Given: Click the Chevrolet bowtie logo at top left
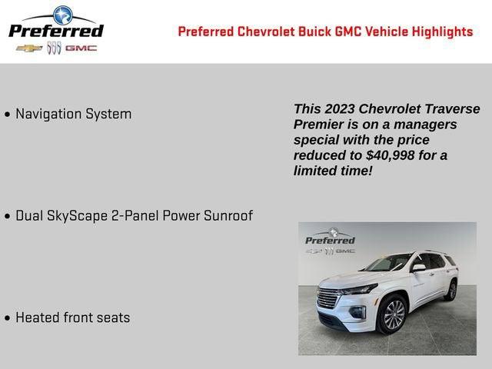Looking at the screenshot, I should (29, 48).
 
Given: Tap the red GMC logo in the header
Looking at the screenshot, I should (81, 48).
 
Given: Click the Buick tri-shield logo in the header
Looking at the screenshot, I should (54, 48).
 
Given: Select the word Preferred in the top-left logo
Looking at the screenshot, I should (55, 31).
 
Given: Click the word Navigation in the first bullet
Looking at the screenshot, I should (48, 114).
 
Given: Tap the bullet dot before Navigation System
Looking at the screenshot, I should (8, 115).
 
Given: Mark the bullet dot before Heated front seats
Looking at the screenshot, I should (8, 318).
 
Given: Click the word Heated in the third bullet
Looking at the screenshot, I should (38, 317).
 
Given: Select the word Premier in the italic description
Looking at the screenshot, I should (319, 125).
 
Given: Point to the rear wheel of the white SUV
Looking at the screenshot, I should (451, 291).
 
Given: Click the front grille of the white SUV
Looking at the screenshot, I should (328, 298).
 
